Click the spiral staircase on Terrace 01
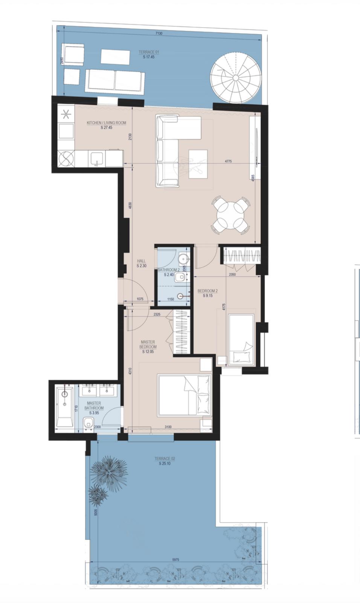click(235, 78)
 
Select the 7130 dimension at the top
click(160, 34)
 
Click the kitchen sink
click(96, 159)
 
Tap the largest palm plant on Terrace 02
click(109, 471)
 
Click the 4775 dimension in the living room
click(228, 162)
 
